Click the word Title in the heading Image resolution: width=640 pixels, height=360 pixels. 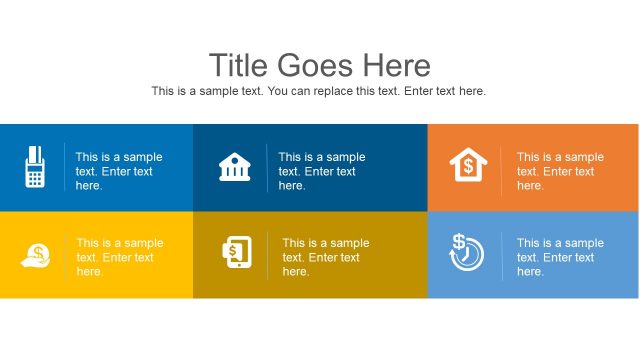click(239, 65)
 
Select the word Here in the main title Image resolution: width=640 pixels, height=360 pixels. click(398, 65)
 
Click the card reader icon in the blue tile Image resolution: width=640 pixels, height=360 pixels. click(34, 167)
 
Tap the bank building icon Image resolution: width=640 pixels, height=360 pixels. click(234, 167)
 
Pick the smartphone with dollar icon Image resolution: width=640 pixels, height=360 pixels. click(235, 253)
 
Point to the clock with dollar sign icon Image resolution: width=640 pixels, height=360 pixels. click(467, 253)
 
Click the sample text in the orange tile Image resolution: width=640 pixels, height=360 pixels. click(560, 171)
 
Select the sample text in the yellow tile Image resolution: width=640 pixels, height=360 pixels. click(119, 257)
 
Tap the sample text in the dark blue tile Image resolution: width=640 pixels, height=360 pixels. click(321, 171)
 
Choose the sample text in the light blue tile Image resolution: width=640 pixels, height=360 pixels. click(560, 257)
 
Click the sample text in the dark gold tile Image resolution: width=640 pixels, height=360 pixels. click(325, 257)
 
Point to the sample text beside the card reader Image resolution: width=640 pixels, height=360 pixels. click(118, 171)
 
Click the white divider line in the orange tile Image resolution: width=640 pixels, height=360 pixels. click(501, 170)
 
